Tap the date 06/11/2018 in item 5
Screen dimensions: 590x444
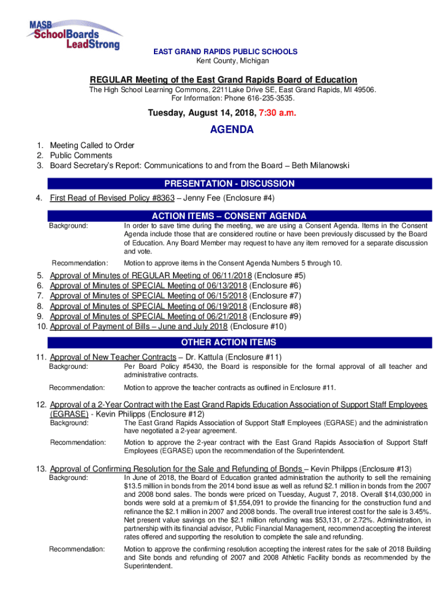click(x=223, y=275)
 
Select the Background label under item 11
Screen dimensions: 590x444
click(x=69, y=366)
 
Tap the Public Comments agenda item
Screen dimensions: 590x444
click(x=81, y=156)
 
